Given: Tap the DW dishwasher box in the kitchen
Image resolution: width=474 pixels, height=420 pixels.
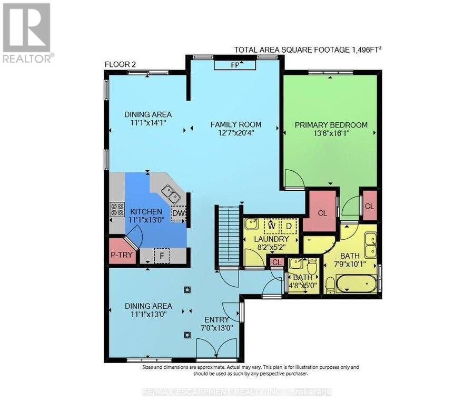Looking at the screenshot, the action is (x=179, y=213).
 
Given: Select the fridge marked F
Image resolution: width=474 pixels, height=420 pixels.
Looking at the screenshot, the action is (x=162, y=256).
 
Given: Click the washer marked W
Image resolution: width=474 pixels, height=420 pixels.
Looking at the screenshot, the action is (x=272, y=226).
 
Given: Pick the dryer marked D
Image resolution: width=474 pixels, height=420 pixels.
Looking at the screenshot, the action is (x=289, y=226).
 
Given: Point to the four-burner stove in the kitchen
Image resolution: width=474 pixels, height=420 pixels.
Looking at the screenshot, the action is (x=117, y=209).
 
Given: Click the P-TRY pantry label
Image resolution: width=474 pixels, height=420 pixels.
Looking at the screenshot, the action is (x=121, y=255).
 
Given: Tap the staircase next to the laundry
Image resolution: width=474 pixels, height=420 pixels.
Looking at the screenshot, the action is (x=229, y=237).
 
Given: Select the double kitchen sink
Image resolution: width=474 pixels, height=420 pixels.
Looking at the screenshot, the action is (x=171, y=194).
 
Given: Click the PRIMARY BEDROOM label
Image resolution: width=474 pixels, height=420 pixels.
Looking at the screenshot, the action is (x=331, y=125).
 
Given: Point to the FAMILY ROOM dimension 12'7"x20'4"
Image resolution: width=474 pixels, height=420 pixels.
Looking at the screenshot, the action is (x=236, y=132).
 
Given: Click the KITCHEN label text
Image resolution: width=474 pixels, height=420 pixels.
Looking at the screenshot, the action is (x=146, y=212).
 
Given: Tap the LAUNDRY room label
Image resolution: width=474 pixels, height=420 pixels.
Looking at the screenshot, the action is (x=271, y=239).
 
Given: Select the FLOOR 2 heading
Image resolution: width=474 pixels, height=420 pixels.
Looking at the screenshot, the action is (x=120, y=64).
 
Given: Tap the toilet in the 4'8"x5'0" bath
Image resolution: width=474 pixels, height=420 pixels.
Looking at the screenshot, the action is (x=311, y=266).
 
